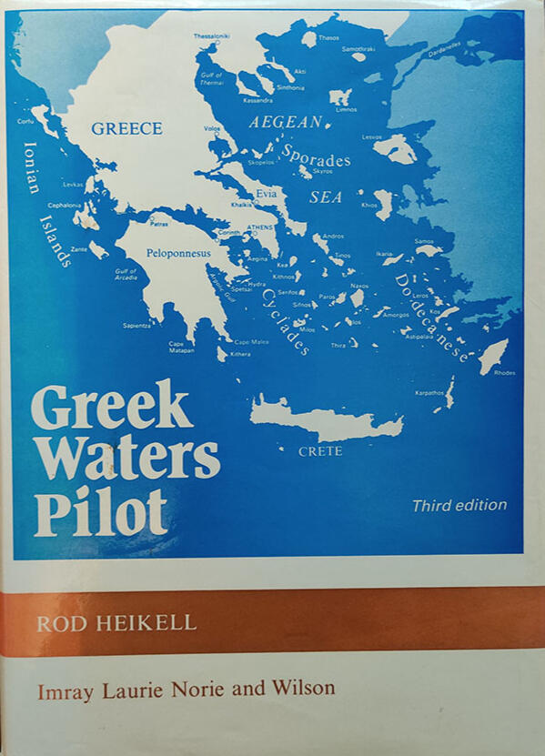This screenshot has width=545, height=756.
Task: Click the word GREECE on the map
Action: (126, 128)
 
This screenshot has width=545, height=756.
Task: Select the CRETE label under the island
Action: (320, 451)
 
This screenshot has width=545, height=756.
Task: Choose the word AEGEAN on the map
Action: (286, 122)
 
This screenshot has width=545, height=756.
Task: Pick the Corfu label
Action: (25, 121)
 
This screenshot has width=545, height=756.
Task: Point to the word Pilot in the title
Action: (100, 512)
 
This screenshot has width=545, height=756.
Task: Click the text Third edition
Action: (459, 505)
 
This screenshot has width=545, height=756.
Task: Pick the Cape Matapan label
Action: (181, 347)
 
